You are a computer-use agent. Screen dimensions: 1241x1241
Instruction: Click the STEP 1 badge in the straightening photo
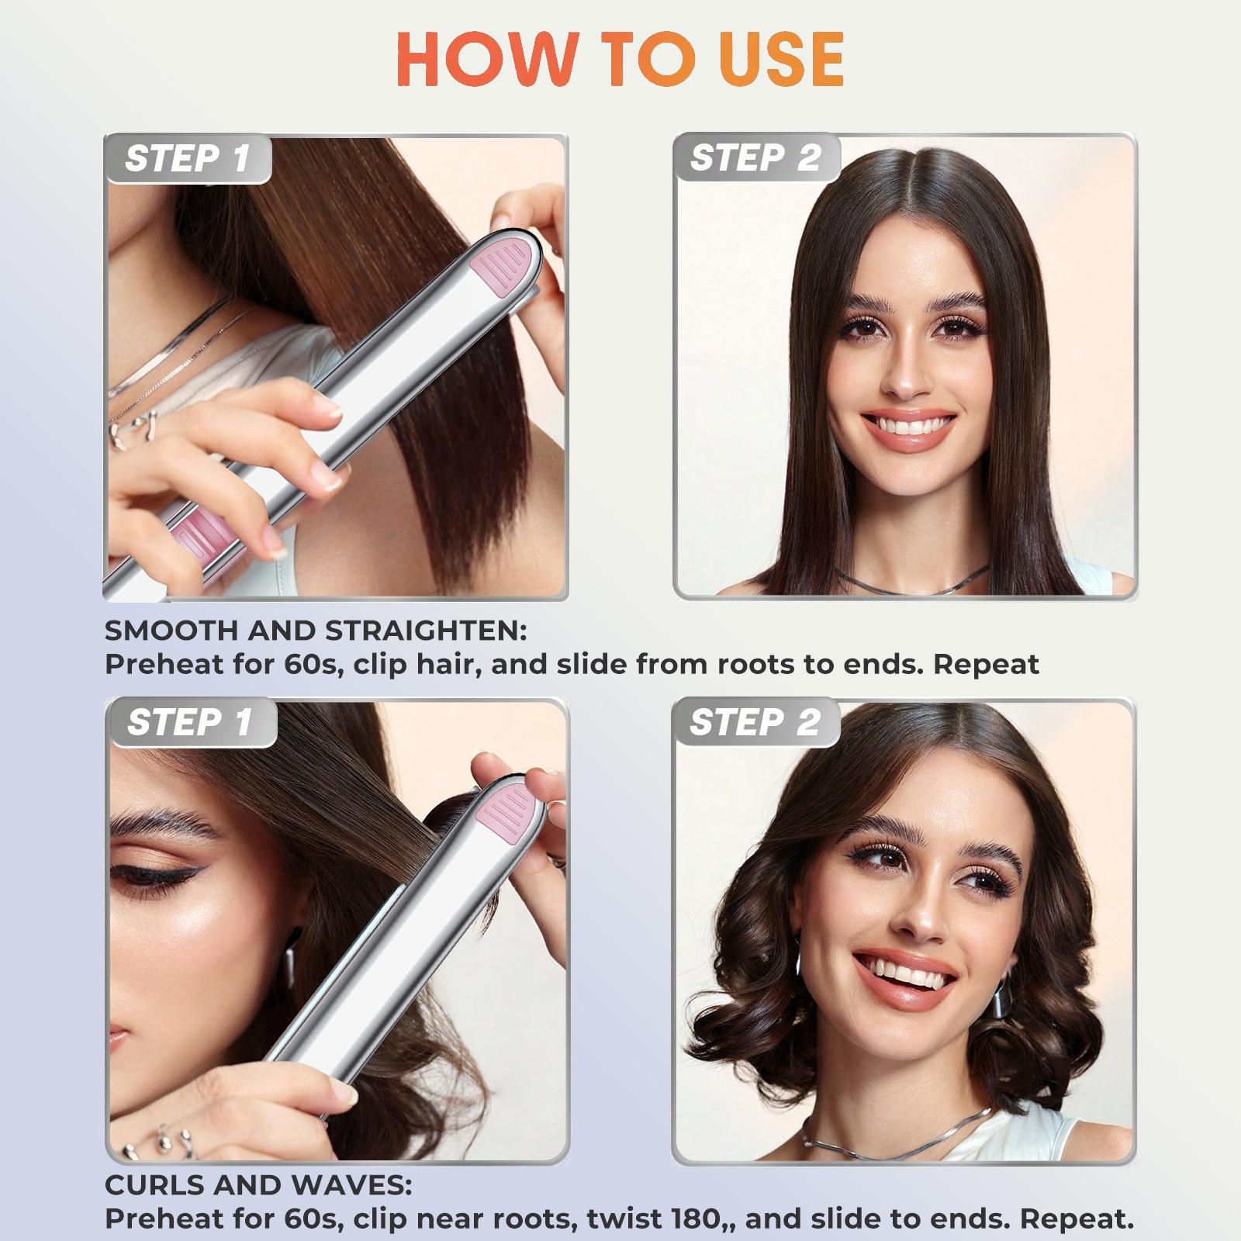(187, 159)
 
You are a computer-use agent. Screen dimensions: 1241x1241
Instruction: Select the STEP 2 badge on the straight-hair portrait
(755, 158)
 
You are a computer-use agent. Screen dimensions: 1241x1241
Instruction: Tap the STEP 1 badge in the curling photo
(189, 722)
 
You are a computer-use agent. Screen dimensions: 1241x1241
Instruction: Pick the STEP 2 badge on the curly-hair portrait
(755, 722)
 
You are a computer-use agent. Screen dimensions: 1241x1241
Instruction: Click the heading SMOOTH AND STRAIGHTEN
(315, 631)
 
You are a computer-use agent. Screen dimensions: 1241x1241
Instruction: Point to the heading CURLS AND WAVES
(258, 1184)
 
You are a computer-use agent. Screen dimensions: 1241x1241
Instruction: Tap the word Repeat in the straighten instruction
(986, 664)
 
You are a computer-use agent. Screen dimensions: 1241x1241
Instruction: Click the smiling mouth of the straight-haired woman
(908, 427)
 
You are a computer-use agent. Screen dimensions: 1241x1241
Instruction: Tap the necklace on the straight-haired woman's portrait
(907, 582)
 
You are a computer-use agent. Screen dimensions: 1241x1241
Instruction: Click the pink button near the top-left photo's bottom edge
(200, 531)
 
